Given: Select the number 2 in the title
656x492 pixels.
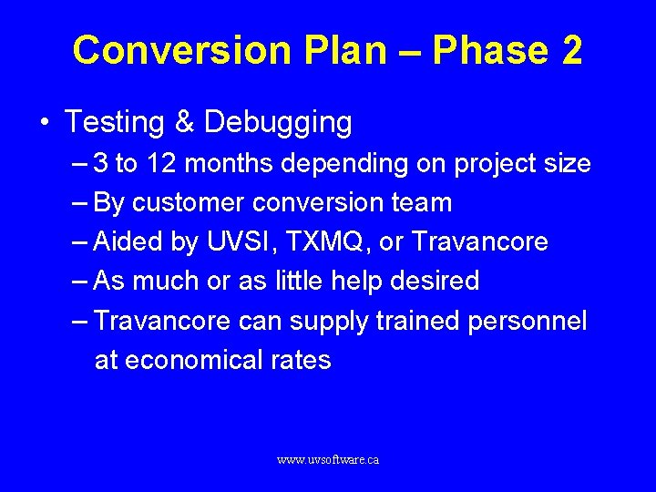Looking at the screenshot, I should [571, 50].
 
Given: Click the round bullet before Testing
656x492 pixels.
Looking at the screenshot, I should [46, 123].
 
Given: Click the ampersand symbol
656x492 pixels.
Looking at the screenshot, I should [188, 122].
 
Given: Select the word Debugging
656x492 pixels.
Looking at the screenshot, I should [278, 122].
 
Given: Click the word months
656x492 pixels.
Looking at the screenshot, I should [231, 164].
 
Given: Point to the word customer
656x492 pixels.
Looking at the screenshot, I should [188, 203].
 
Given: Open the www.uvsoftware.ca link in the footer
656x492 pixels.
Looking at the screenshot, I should [328, 460].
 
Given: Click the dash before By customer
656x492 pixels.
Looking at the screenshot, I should [79, 203].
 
